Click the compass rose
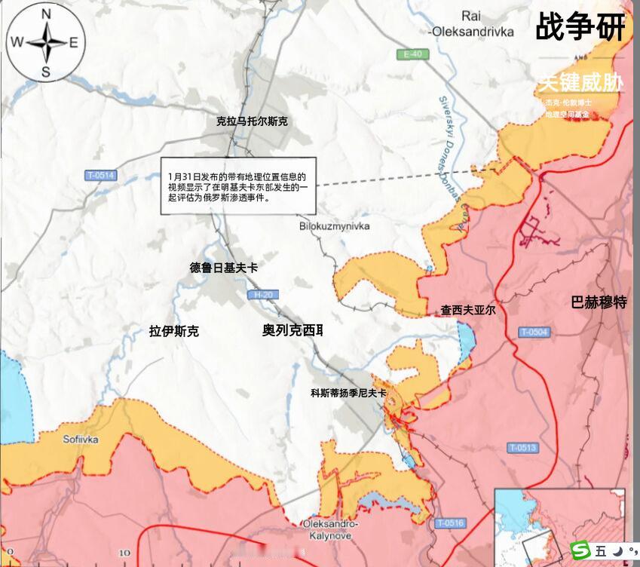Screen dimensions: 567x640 pos(45,42)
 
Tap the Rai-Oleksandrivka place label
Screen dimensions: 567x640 pos(471,24)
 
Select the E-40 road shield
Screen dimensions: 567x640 pos(415,54)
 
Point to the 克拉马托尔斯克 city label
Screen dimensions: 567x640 pos(252,121)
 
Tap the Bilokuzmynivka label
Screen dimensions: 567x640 pos(335,226)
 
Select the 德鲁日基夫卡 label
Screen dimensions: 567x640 pos(224,268)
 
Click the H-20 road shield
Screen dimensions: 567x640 pos(262,294)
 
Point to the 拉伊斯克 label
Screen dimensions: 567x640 pos(174,330)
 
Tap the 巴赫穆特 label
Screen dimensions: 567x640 pos(599,303)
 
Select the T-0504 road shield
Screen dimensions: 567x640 pos(534,333)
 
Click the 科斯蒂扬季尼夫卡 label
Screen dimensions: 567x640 pos(348,393)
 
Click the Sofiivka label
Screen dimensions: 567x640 pos(81,440)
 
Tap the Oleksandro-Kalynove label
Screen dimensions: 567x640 pos(330,529)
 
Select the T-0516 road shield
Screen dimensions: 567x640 pos(451,523)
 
